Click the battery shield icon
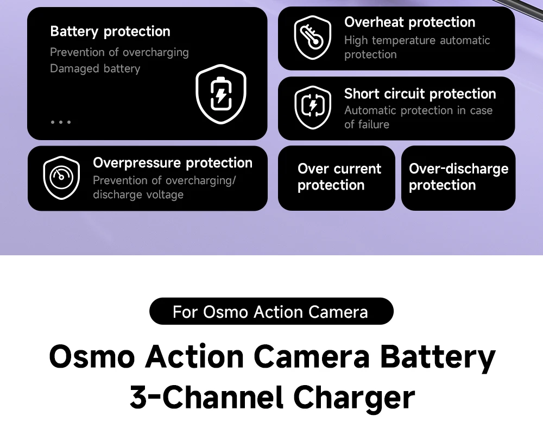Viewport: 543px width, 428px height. point(221,94)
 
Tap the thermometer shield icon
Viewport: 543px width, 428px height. point(312,37)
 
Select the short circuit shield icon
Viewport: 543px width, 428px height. point(313,108)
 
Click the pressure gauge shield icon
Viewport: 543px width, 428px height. point(61,178)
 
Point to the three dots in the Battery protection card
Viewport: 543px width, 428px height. point(61,122)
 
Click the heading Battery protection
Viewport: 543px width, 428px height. point(110,32)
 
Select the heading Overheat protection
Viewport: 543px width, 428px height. point(409,22)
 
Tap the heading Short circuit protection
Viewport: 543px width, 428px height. point(420,94)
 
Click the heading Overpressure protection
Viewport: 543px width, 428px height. point(173,163)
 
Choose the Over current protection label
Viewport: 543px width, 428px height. point(339,177)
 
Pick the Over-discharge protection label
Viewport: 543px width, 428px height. point(458,177)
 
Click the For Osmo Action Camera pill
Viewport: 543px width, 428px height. point(271,311)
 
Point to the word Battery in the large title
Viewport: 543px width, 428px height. point(438,357)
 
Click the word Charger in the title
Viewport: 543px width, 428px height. point(354,398)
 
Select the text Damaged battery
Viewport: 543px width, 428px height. point(95,68)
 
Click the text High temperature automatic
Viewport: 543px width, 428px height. point(417,40)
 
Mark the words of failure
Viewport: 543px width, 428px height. point(367,124)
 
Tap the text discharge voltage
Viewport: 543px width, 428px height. point(138,194)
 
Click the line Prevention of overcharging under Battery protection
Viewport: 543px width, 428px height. point(119,52)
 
